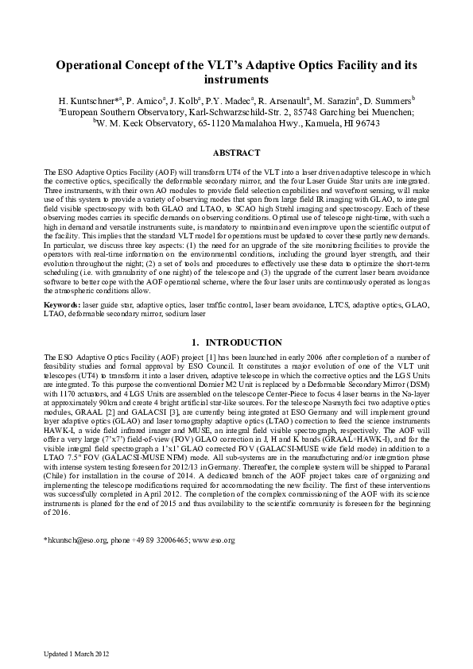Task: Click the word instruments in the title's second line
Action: tap(236, 80)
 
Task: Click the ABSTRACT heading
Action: tap(236, 152)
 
